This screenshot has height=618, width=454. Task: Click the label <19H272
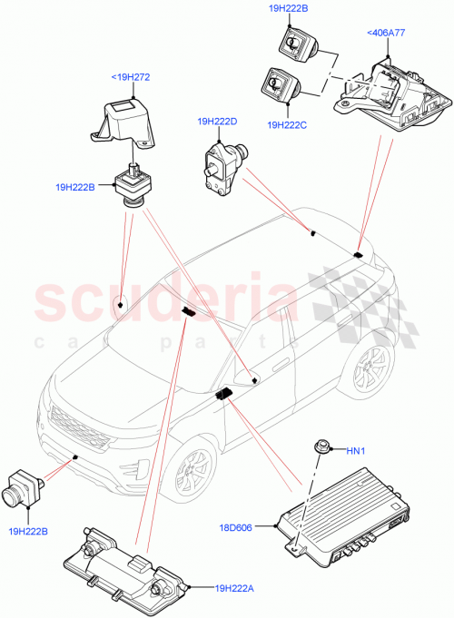130,77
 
